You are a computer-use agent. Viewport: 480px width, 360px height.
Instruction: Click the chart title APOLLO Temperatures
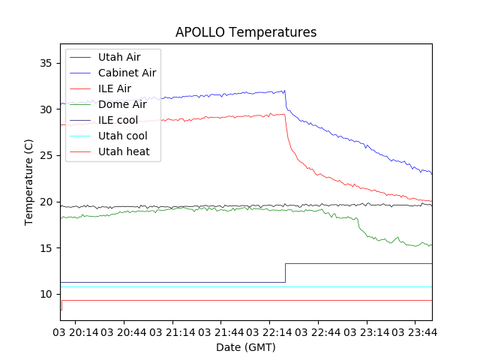(x=246, y=32)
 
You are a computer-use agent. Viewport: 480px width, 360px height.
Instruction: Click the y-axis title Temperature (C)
(x=28, y=182)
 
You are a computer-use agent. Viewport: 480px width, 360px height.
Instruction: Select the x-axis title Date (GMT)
(x=246, y=347)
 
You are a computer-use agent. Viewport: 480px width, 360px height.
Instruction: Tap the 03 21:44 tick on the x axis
(x=221, y=331)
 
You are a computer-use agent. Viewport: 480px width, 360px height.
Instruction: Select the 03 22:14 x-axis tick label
(x=269, y=331)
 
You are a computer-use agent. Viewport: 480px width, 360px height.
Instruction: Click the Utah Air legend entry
(x=118, y=57)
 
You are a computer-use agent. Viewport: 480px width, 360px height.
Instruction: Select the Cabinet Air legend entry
(x=127, y=73)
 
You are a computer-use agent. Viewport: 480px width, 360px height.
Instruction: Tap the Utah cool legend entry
(x=122, y=136)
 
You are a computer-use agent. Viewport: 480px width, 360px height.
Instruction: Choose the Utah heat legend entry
(x=124, y=151)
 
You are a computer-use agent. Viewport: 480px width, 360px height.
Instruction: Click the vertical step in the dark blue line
(x=285, y=273)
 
